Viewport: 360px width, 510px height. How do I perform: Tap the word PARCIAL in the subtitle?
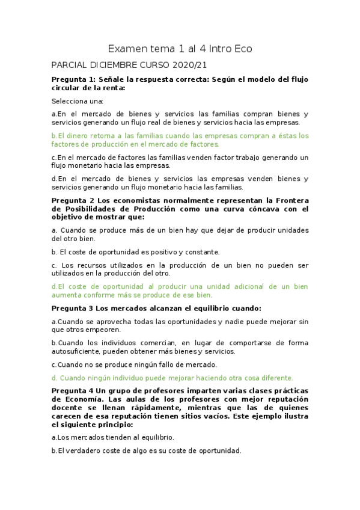tap(70, 65)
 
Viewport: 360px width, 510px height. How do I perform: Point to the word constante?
tap(201, 252)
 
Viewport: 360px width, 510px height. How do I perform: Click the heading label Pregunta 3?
tap(72, 309)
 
